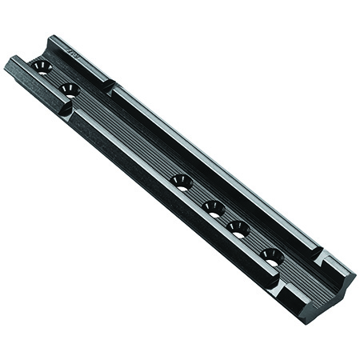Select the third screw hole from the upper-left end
[x=182, y=182]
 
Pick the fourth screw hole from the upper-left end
[x=212, y=207]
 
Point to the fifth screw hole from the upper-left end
[x=238, y=228]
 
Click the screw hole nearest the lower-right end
[x=271, y=256]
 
